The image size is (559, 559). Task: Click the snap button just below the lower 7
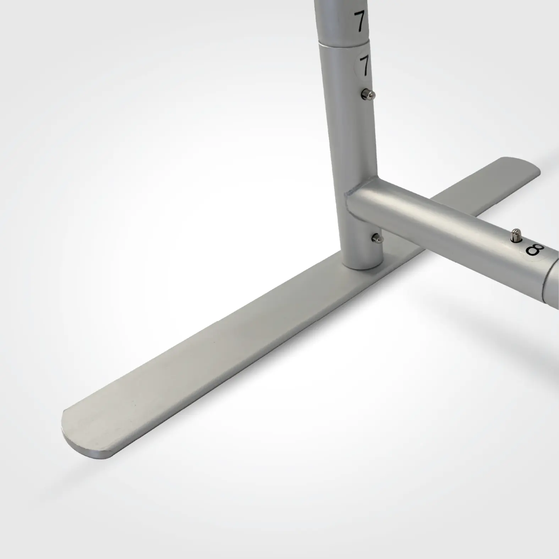(x=367, y=94)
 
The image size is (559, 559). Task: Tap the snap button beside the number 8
(x=515, y=235)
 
